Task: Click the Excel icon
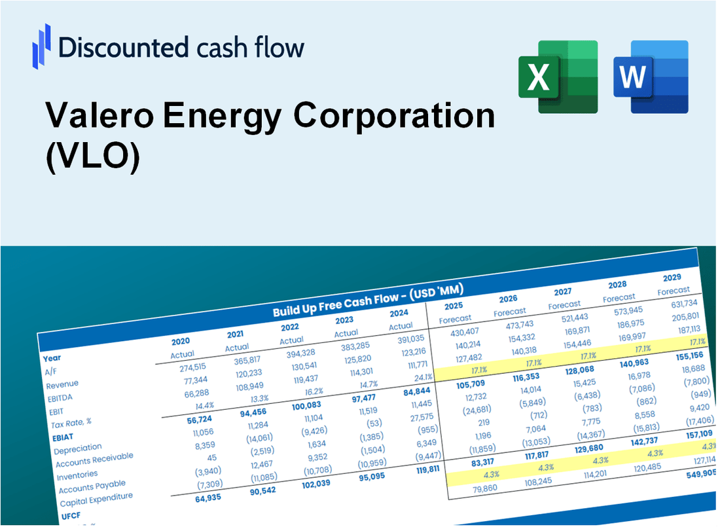coord(558,76)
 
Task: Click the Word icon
coord(651,76)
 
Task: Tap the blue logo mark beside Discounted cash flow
coord(42,46)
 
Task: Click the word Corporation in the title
coord(394,117)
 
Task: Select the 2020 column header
coord(181,341)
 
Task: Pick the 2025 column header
coord(453,306)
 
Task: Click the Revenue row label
coord(62,384)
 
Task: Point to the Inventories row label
coord(77,474)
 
